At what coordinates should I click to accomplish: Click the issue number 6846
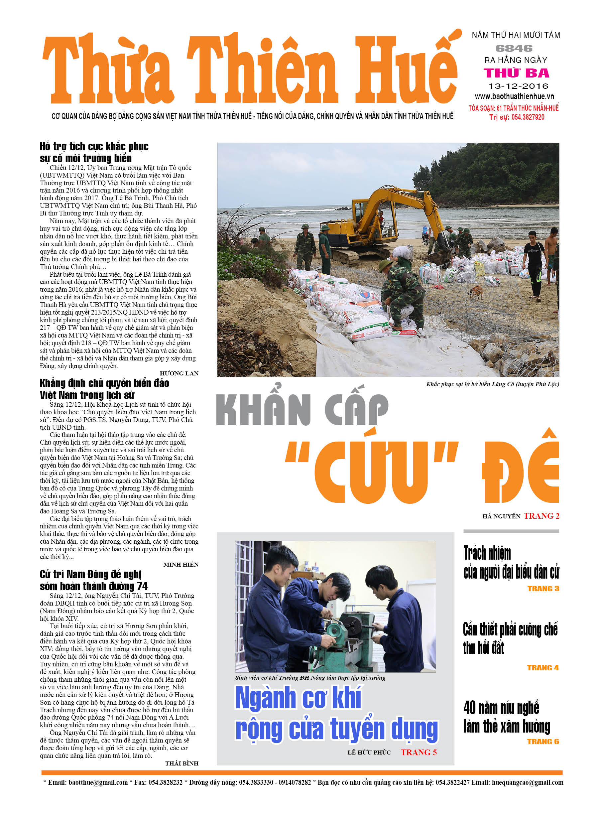pos(514,48)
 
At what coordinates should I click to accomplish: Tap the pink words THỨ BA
pos(516,73)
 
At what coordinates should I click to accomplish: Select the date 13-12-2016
pos(518,86)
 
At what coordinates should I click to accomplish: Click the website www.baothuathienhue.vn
pos(514,96)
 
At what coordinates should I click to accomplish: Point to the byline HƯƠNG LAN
pos(179,373)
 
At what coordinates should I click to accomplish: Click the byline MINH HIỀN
pos(181,565)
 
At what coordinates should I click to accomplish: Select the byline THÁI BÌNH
pos(181,763)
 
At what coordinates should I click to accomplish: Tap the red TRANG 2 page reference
pos(541,516)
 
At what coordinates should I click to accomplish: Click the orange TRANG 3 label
pos(543,589)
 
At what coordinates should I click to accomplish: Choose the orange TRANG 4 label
pos(542,668)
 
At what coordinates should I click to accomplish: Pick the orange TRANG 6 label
pos(543,742)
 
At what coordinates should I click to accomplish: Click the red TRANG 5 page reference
pos(419,752)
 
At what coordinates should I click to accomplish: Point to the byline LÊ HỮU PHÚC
pos(369,752)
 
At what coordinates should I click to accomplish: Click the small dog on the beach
pos(475,291)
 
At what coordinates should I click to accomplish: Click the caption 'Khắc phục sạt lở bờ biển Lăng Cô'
pos(492,384)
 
